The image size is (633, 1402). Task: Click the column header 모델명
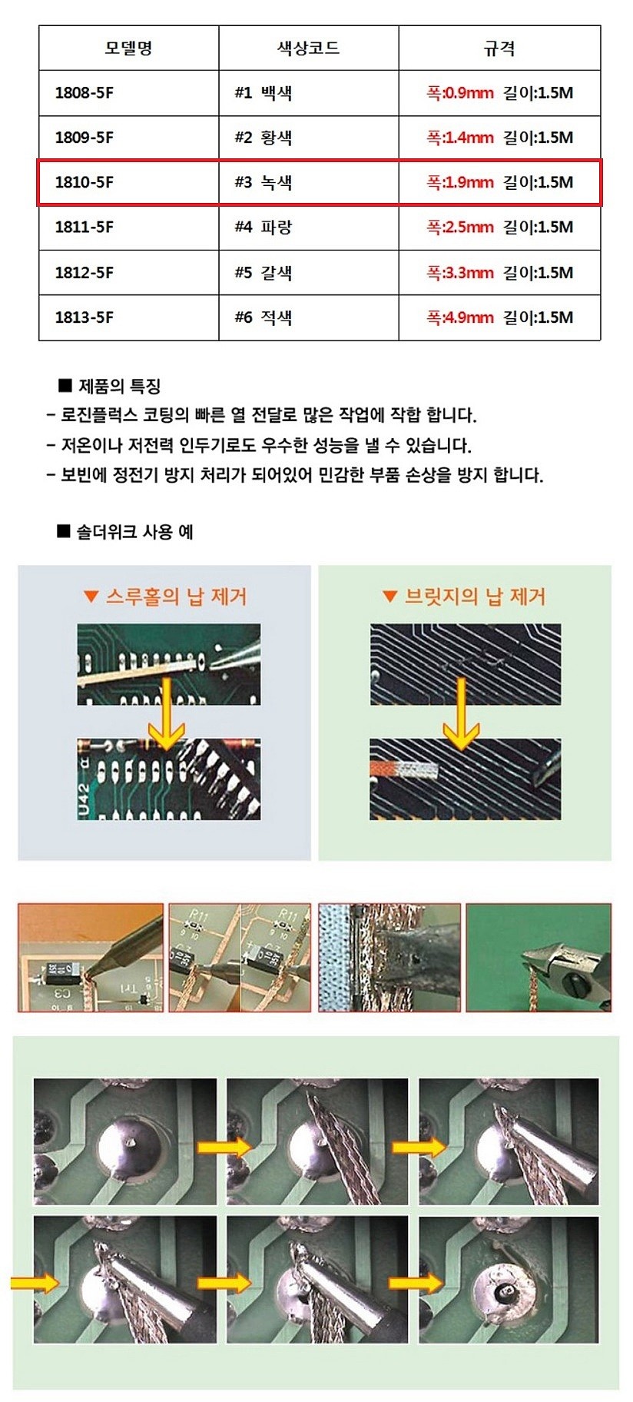coord(128,48)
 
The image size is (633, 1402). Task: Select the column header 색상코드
coord(308,48)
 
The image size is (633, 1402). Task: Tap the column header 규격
coord(499,48)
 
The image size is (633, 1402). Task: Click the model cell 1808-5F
coord(85,93)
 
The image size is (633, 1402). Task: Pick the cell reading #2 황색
coord(263,138)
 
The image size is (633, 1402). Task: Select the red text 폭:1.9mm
coord(459,182)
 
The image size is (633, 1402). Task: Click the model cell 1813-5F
coord(85,317)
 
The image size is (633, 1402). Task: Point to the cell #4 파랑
coord(263,228)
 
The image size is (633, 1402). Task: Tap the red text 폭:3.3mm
coord(459,273)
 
